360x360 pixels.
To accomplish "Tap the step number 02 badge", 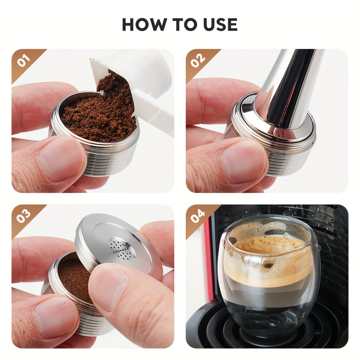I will pyautogui.click(x=198, y=60).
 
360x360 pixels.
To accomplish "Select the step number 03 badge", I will pyautogui.click(x=23, y=216).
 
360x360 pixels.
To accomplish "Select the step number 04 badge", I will pyautogui.click(x=198, y=216).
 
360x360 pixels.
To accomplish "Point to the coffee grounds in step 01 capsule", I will pyautogui.click(x=97, y=115).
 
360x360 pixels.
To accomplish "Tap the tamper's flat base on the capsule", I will pyautogui.click(x=277, y=130).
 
